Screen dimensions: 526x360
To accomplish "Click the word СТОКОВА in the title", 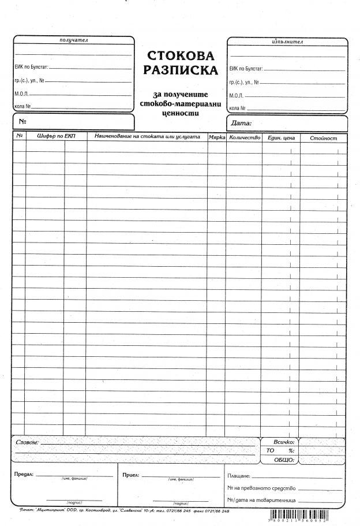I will point(181,56).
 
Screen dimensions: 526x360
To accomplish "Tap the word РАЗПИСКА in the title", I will point(181,70).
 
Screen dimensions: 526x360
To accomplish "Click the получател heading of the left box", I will point(73,40).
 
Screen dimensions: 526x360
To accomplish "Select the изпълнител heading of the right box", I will point(287,42).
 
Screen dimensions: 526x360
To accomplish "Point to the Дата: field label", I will point(241,123).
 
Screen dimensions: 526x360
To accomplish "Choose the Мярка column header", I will point(217,137).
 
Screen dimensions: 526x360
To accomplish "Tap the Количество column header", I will point(245,137).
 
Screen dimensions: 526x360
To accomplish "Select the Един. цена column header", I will point(281,138).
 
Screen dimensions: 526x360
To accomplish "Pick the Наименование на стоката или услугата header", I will point(147,137).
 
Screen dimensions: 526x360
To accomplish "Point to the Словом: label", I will point(27,442).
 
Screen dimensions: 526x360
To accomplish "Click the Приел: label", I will point(131,475).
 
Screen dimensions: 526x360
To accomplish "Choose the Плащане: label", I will point(239,476).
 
